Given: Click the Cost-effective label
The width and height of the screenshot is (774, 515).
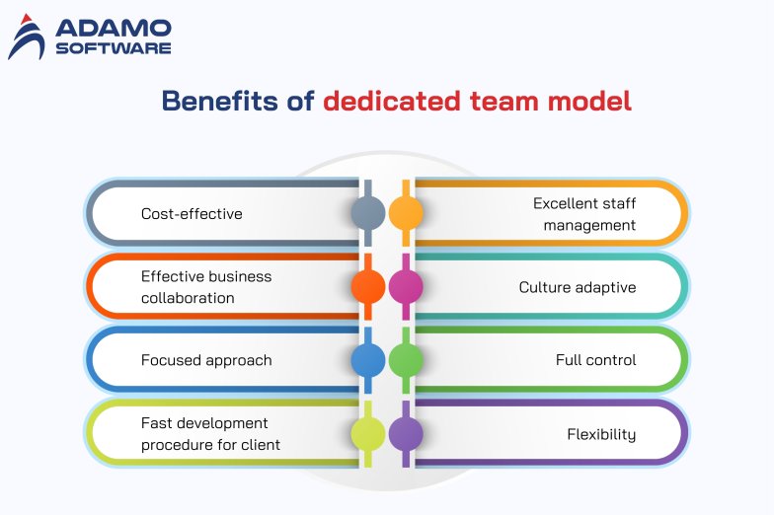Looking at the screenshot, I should click(x=192, y=213).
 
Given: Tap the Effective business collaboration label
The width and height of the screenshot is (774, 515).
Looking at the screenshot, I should click(x=205, y=287).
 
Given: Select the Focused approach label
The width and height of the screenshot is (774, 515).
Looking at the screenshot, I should click(x=206, y=360).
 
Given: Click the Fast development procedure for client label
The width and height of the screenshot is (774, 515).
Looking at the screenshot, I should click(x=210, y=434).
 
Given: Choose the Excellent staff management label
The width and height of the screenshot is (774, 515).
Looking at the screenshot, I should click(x=584, y=214).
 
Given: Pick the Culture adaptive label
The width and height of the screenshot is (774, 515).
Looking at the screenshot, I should click(x=578, y=287).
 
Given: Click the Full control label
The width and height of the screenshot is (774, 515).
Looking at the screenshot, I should click(x=595, y=360).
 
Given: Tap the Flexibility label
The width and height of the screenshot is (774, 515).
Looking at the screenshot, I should click(x=601, y=434).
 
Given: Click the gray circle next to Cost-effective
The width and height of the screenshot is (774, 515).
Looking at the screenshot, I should click(x=368, y=212).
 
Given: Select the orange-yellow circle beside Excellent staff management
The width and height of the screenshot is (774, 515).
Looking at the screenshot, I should click(x=406, y=212).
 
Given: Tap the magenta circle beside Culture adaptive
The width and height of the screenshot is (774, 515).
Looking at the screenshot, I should click(x=406, y=286).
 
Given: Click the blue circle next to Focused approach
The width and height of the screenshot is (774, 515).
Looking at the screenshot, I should click(x=368, y=360).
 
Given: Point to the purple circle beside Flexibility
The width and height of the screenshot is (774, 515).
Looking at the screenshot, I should click(x=406, y=434).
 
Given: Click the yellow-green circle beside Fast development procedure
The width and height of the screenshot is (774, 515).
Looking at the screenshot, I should click(x=368, y=434).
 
